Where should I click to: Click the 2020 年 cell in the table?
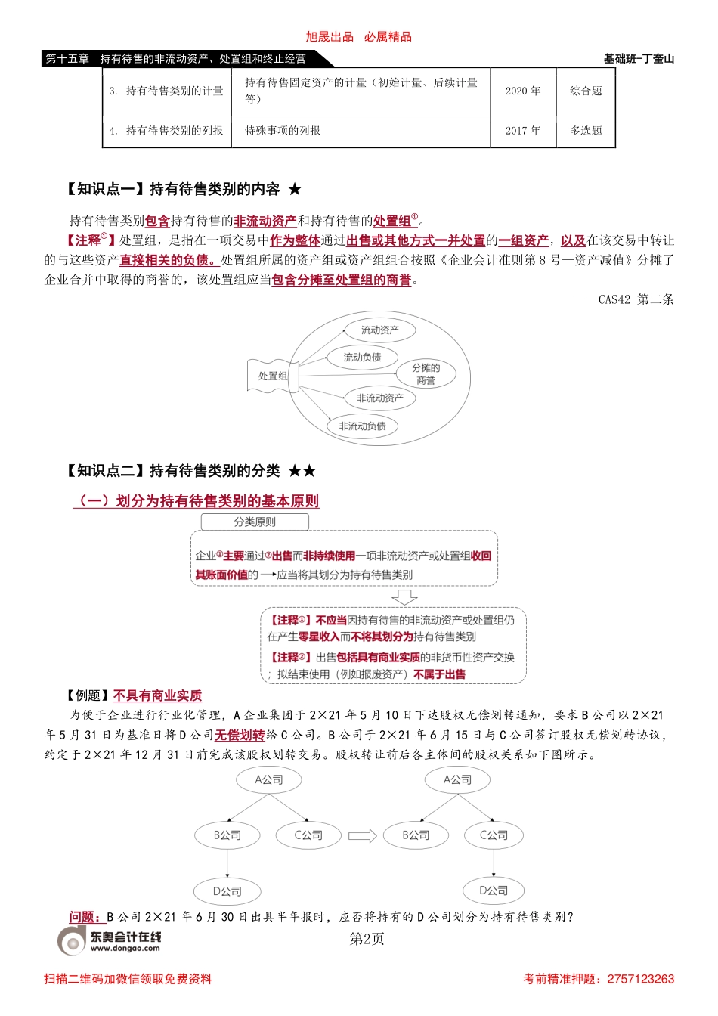point(523,91)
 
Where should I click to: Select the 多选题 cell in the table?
point(586,131)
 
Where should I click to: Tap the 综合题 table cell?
point(586,91)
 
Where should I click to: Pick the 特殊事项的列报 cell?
point(283,131)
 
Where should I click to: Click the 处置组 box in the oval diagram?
point(272,376)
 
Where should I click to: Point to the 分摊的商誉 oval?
point(426,374)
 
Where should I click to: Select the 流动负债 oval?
point(362,357)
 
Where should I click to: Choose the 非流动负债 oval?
point(362,426)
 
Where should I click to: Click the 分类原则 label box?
point(255,522)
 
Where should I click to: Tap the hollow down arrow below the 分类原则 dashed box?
point(405,597)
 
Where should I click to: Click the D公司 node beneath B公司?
point(227,891)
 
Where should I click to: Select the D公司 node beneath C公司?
point(494,891)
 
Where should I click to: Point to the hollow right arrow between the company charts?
point(362,835)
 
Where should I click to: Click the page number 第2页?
point(367,939)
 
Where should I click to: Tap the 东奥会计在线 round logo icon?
point(73,941)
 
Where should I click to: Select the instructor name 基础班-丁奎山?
point(639,59)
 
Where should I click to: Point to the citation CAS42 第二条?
point(624,299)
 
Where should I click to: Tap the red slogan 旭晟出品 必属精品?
point(359,36)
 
